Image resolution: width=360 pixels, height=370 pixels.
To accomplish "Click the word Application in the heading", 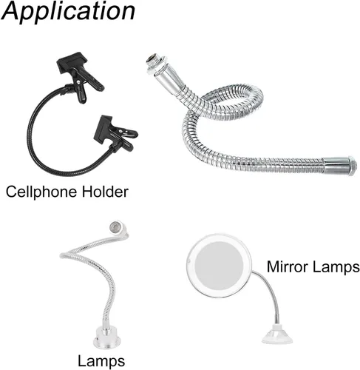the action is click(x=68, y=13).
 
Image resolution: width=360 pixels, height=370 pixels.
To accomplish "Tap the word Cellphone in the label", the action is click(x=41, y=192).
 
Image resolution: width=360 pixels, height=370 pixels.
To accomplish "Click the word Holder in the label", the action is click(x=105, y=192).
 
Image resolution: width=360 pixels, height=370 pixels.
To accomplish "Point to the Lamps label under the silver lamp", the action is click(x=101, y=361).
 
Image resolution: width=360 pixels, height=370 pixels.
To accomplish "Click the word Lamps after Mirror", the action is click(x=334, y=267).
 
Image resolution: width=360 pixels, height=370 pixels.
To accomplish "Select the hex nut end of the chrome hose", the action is click(x=353, y=166).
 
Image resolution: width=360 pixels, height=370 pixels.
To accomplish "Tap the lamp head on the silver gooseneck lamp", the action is click(x=118, y=228).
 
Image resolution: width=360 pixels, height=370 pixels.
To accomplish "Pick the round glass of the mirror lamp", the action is click(x=220, y=265).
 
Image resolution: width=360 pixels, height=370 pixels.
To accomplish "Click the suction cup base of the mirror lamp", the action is click(x=277, y=335).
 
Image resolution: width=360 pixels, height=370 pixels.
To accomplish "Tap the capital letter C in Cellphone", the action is click(x=12, y=192).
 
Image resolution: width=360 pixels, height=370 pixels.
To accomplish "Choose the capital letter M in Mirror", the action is click(x=274, y=266).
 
